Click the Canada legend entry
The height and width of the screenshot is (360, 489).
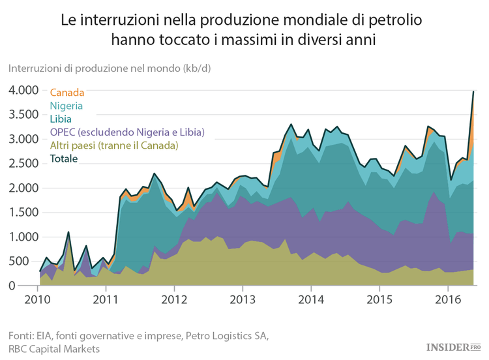click(67, 93)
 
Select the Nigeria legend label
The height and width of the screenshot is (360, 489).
click(67, 106)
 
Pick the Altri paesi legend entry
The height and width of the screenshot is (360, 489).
click(114, 145)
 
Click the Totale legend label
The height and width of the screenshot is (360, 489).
click(64, 158)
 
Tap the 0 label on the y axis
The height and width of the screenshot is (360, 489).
click(30, 286)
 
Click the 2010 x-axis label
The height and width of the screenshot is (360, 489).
click(38, 299)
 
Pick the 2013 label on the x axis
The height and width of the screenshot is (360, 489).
click(242, 299)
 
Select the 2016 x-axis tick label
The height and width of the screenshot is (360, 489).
click(447, 299)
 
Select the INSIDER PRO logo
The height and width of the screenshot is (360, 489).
click(453, 348)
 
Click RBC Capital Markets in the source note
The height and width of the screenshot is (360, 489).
click(54, 349)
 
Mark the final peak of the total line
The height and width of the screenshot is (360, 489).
click(473, 92)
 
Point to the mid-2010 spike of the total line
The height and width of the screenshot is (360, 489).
click(68, 232)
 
